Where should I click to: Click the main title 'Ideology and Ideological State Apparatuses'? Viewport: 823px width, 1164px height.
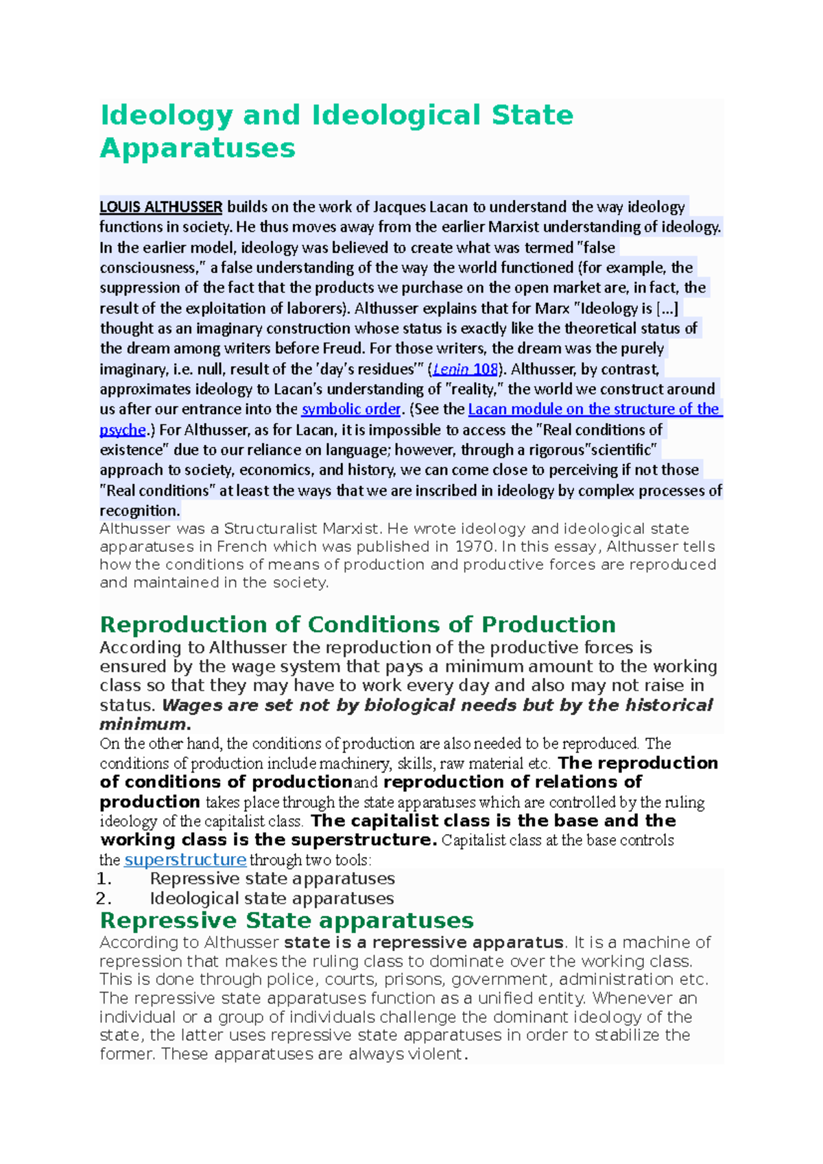point(336,131)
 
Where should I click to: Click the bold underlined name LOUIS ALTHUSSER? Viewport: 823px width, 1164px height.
point(160,207)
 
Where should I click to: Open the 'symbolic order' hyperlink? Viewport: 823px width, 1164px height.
point(350,409)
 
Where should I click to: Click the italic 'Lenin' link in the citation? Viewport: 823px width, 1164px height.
point(451,369)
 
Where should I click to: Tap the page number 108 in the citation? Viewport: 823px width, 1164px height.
point(485,369)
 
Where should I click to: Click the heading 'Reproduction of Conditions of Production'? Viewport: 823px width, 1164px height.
point(357,625)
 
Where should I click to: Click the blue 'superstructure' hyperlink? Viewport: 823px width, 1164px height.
point(185,860)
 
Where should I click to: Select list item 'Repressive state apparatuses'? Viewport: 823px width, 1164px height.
point(272,879)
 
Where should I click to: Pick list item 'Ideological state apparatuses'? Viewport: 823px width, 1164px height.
point(272,899)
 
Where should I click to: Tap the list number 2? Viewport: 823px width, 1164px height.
point(104,899)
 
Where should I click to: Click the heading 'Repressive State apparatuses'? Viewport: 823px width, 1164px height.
point(287,920)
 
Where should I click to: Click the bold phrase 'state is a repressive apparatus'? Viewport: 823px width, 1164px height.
point(424,943)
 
